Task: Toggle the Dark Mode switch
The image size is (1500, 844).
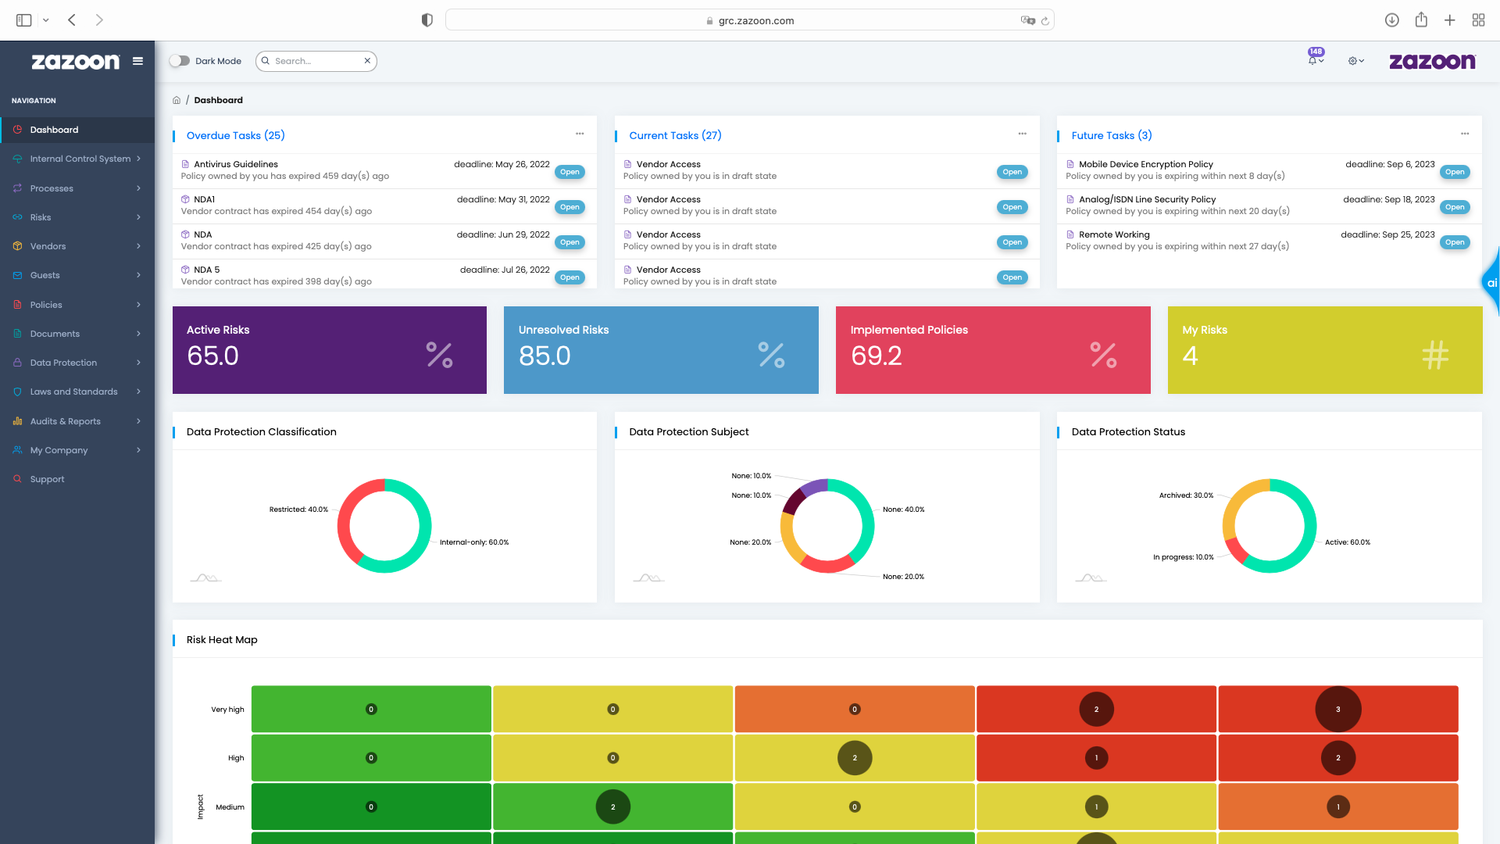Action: point(180,61)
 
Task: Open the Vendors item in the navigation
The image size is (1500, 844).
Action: point(48,246)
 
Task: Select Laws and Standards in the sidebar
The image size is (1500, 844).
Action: point(73,392)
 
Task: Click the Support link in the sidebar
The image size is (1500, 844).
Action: point(47,479)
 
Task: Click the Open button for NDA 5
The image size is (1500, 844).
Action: point(570,277)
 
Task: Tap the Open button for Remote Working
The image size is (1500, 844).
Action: point(1454,242)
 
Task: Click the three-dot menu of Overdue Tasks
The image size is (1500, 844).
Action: point(580,134)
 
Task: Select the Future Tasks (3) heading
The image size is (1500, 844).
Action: point(1111,135)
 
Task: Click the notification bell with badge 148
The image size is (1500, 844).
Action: point(1312,60)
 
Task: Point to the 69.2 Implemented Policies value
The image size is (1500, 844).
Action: point(876,356)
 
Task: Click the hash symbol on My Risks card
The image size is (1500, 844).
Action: point(1434,355)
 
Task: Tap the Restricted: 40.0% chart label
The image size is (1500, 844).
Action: point(298,510)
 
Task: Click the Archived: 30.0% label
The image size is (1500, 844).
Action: point(1186,495)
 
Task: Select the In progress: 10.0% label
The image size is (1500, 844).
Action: point(1183,557)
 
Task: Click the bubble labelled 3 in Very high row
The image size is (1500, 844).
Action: point(1337,710)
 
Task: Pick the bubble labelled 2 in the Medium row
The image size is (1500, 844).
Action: point(612,807)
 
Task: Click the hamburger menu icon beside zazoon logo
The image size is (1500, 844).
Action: point(137,61)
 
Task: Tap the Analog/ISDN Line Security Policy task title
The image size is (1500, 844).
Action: point(1147,199)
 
